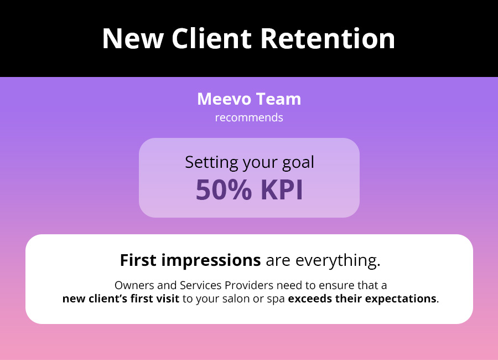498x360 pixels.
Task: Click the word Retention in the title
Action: tap(328, 38)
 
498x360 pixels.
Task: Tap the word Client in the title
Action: tap(212, 38)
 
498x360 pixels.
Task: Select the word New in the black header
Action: tap(133, 38)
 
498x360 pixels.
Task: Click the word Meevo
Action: tap(224, 99)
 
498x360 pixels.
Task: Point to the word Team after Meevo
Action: tap(278, 99)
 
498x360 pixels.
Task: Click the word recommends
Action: tap(249, 117)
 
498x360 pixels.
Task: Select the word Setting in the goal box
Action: tap(211, 163)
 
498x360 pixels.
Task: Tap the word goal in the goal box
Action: tap(298, 163)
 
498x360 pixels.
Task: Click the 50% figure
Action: tap(224, 190)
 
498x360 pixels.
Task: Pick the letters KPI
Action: tap(282, 190)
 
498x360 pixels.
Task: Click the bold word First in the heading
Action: tap(138, 260)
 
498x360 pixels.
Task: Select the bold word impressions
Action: tap(211, 261)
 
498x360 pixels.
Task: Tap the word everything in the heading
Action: tap(338, 261)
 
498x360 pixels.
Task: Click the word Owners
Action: tap(134, 285)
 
